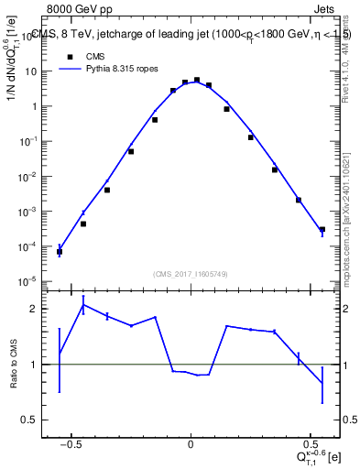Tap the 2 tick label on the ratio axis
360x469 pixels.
point(39,309)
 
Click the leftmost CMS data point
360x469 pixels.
point(60,251)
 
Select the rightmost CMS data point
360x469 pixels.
point(322,229)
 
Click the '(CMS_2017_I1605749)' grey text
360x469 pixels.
point(191,273)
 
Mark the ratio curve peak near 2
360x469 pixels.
point(83,304)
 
